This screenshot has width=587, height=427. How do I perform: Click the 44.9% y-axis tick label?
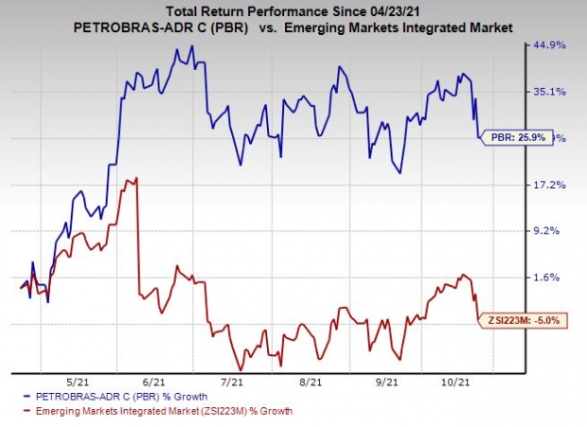click(551, 44)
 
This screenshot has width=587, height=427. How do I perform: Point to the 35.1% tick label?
click(551, 92)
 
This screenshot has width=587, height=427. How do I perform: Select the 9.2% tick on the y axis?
click(551, 230)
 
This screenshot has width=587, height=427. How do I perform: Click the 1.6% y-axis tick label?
click(551, 276)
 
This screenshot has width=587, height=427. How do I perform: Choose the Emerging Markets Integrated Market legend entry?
click(156, 411)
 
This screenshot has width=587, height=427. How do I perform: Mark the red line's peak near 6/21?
click(138, 178)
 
